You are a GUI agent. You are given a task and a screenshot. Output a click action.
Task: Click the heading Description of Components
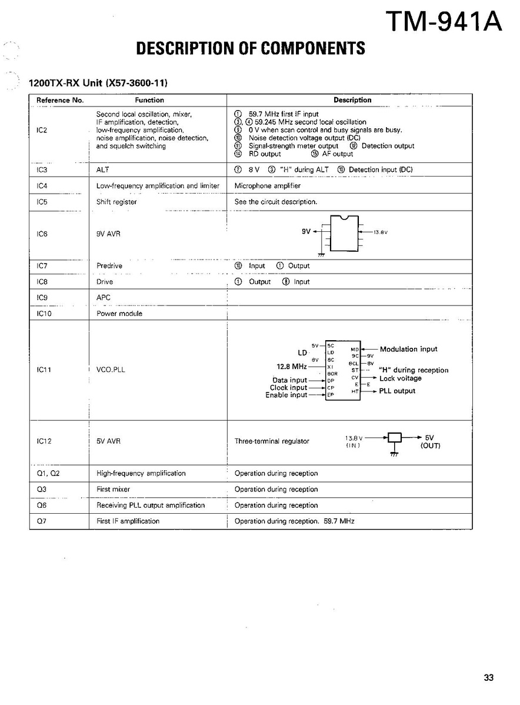tap(250, 48)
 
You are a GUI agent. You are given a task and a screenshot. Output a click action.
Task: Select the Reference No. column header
tap(60, 100)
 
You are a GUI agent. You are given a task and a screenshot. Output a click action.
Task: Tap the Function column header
tap(149, 100)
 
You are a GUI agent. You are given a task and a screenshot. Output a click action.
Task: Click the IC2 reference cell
tap(42, 130)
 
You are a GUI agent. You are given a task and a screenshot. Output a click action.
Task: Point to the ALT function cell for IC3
tap(103, 169)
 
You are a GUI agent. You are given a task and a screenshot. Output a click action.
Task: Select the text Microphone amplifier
tap(268, 185)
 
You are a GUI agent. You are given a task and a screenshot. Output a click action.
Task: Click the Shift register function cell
tap(116, 202)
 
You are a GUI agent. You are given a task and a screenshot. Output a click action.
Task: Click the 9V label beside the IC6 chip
tap(306, 231)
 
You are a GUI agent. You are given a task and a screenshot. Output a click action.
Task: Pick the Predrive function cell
tap(109, 266)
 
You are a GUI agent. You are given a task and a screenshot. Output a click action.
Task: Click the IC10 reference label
tap(44, 314)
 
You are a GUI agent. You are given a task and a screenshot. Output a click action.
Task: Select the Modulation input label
tap(408, 349)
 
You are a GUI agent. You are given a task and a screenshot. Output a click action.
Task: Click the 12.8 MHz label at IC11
tap(292, 366)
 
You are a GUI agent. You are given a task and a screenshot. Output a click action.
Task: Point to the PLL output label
tap(397, 391)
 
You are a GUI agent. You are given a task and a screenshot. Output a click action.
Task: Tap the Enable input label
tap(286, 395)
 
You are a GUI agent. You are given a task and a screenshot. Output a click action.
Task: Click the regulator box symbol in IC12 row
tap(395, 437)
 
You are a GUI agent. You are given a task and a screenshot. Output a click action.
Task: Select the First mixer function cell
tap(113, 489)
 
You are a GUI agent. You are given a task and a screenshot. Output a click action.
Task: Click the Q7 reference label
tap(41, 521)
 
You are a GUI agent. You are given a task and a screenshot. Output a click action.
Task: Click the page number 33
tap(489, 677)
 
